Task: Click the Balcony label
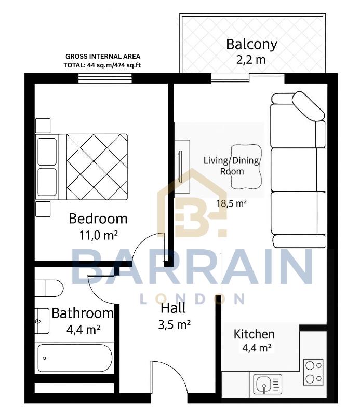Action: click(x=251, y=45)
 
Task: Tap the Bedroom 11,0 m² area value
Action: click(x=98, y=235)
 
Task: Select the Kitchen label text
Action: click(x=254, y=334)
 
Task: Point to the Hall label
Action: click(x=173, y=308)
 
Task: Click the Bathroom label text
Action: click(x=82, y=313)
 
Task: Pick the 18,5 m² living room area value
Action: click(x=231, y=203)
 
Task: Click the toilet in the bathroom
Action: click(x=49, y=288)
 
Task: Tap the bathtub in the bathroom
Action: click(x=74, y=358)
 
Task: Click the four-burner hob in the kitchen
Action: click(x=313, y=372)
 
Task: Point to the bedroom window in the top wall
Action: click(x=105, y=78)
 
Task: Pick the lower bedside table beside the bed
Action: click(x=43, y=209)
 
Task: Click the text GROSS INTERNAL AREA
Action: click(x=103, y=56)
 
